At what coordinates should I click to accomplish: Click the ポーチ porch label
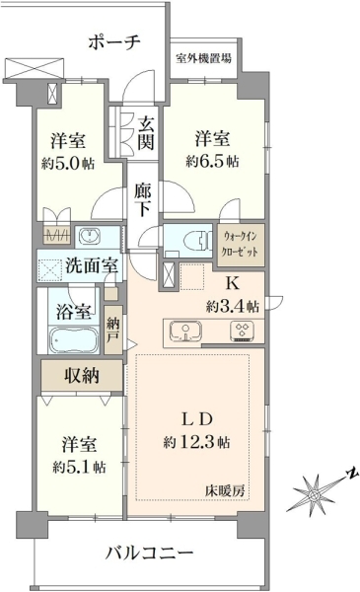tap(114, 41)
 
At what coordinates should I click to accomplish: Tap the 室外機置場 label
tap(203, 58)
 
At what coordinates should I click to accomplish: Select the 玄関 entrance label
tap(145, 133)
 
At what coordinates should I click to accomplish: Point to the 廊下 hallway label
tap(143, 199)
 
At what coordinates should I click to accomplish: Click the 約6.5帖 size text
tap(212, 162)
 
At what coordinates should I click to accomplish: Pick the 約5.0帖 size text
tap(68, 164)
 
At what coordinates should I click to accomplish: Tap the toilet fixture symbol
tap(195, 240)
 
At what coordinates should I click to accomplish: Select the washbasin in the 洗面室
tap(90, 237)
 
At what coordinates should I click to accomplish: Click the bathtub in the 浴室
tap(74, 339)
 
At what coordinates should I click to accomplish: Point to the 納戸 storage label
tap(112, 330)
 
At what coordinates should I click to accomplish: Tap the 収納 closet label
tap(82, 375)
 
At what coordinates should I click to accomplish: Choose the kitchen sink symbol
tap(185, 332)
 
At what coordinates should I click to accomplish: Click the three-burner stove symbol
tap(242, 332)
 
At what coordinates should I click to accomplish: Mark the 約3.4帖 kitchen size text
tap(233, 306)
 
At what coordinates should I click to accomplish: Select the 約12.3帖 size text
tap(197, 441)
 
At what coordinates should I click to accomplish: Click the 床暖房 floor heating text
tap(225, 490)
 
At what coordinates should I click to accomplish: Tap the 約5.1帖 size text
tap(79, 468)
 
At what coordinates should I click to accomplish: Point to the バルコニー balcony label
tap(149, 554)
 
